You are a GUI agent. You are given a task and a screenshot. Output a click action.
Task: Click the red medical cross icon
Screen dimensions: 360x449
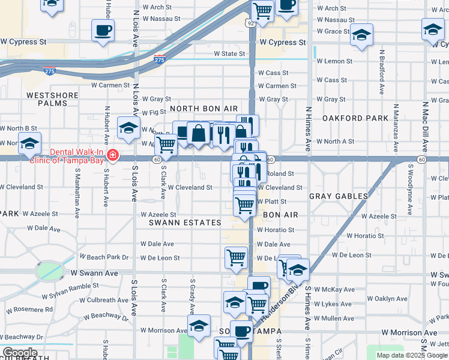click(x=112, y=157)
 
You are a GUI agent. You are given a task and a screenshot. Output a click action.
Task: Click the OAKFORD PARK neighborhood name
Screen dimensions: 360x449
click(x=355, y=118)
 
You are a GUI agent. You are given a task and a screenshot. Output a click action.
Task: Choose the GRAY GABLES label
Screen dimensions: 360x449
click(x=339, y=196)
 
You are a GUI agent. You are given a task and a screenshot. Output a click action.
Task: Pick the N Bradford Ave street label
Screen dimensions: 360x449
click(x=381, y=72)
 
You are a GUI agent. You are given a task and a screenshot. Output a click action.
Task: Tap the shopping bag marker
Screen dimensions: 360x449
click(x=198, y=133)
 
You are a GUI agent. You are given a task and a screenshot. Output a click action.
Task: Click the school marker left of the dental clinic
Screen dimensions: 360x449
click(x=28, y=145)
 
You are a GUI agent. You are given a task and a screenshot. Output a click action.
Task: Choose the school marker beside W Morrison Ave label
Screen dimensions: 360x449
click(x=199, y=327)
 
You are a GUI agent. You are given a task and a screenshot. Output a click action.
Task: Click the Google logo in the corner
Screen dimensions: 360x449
click(x=19, y=353)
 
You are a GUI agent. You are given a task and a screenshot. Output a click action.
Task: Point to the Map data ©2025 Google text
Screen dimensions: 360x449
click(x=411, y=355)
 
